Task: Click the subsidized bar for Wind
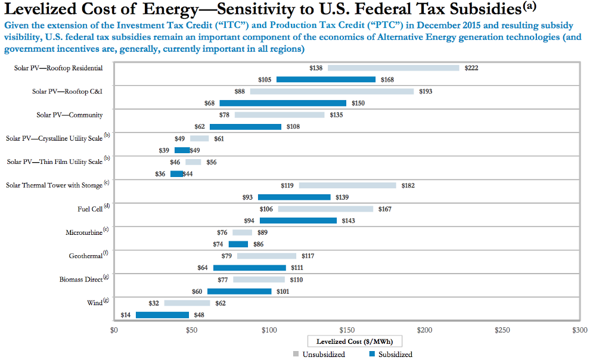162,315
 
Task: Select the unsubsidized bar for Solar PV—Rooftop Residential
393,68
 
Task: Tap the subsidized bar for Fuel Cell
298,221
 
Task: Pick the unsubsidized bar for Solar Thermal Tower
347,185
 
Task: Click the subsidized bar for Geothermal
250,268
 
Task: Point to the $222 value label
471,68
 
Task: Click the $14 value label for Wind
126,315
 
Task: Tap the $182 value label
408,185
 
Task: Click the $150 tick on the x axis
347,330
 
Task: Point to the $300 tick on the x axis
579,330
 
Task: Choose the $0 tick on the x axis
114,330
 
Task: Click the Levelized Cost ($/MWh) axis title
355,342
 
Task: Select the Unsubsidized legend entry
319,354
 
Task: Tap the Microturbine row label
83,232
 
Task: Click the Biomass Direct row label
80,279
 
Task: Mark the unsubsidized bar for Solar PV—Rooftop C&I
332,91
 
